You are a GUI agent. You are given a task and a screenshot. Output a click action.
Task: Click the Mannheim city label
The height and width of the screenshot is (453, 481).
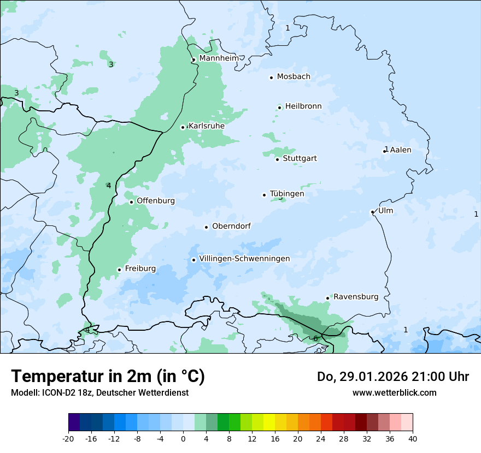click(x=219, y=58)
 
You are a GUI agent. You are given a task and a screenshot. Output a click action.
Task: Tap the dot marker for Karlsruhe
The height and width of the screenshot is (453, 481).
click(x=183, y=127)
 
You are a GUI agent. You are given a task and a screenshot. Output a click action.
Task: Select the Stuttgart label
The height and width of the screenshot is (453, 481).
click(x=300, y=159)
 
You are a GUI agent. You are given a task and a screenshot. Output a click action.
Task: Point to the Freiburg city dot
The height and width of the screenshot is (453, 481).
click(x=119, y=270)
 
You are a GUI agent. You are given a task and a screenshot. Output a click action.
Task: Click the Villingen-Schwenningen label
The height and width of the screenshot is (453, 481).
click(x=244, y=259)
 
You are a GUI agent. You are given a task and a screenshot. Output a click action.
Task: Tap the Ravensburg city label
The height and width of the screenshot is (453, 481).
click(x=356, y=297)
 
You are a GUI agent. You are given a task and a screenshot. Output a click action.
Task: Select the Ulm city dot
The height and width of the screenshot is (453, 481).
click(x=372, y=212)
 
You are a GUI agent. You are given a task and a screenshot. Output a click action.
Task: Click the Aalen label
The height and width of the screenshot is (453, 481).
click(x=401, y=150)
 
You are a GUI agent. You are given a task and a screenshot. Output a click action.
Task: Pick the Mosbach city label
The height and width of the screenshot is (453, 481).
click(x=294, y=77)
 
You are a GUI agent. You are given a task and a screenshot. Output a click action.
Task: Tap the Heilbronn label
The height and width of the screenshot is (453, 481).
click(x=303, y=106)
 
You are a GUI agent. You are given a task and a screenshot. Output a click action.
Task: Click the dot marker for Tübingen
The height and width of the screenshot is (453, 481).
click(x=265, y=195)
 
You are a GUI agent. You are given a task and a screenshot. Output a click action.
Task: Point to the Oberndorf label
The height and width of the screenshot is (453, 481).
click(x=231, y=226)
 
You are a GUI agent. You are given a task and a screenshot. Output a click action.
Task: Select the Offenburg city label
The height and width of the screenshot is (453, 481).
click(x=156, y=201)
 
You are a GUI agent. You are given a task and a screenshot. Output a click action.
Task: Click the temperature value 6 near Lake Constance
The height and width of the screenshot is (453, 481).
click(x=315, y=339)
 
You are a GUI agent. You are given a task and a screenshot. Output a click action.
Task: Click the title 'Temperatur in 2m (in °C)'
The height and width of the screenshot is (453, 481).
click(x=108, y=377)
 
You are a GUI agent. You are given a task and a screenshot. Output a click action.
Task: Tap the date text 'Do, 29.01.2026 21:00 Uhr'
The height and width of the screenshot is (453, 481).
click(x=392, y=377)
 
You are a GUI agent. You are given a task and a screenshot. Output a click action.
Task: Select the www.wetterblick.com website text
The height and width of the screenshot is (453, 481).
click(x=394, y=392)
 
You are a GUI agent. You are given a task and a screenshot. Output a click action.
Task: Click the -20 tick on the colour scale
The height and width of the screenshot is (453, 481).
click(x=68, y=439)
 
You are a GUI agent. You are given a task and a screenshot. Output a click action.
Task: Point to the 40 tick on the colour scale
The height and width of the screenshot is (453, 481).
click(x=413, y=439)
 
